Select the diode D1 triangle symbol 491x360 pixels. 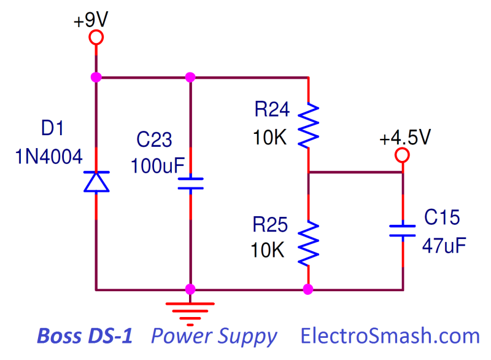(96, 182)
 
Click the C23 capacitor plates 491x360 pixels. (190, 184)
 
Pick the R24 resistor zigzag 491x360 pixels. (309, 125)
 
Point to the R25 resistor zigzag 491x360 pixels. (309, 243)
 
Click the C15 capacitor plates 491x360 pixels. (403, 230)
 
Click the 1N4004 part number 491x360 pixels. (48, 157)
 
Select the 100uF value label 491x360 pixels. (158, 166)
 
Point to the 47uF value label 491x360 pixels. (444, 246)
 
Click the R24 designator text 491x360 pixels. (272, 109)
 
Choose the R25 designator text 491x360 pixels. (270, 225)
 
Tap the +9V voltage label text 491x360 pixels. (91, 20)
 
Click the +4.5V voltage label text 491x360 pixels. (405, 137)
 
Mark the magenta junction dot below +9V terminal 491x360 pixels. (96, 77)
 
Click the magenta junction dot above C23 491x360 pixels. (190, 77)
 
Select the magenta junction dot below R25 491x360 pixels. (308, 289)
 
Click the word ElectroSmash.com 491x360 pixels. (390, 336)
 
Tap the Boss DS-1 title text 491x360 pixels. (85, 336)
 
